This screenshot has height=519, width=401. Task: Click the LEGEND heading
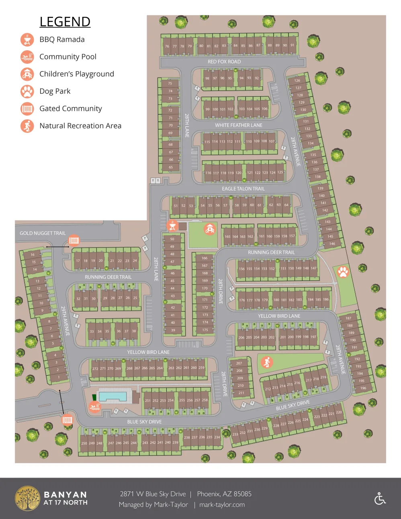(x=65, y=22)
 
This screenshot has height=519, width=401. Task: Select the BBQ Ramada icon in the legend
(x=27, y=39)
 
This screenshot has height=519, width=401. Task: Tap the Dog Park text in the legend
(x=55, y=91)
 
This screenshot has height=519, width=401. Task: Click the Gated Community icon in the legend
(x=27, y=108)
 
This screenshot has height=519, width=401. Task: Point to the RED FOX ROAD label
(x=224, y=61)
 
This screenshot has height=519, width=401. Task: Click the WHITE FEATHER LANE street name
(x=238, y=125)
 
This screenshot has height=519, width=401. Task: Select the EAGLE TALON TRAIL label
(x=243, y=188)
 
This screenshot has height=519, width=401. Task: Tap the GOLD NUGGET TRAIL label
(x=43, y=233)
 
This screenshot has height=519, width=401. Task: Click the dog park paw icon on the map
(x=343, y=272)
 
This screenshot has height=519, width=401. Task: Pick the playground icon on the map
(x=210, y=229)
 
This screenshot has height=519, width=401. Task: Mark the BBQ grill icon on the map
(x=172, y=226)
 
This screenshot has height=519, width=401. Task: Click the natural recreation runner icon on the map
(x=267, y=362)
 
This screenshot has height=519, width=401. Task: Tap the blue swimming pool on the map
(x=113, y=397)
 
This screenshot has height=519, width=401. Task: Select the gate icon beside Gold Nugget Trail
(x=74, y=241)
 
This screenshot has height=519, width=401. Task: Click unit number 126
(x=297, y=80)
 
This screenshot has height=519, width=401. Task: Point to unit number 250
(x=84, y=443)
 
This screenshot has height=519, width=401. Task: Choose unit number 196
(x=363, y=388)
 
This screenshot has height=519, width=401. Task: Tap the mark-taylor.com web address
(x=222, y=505)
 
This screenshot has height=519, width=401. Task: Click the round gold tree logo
(x=27, y=499)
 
